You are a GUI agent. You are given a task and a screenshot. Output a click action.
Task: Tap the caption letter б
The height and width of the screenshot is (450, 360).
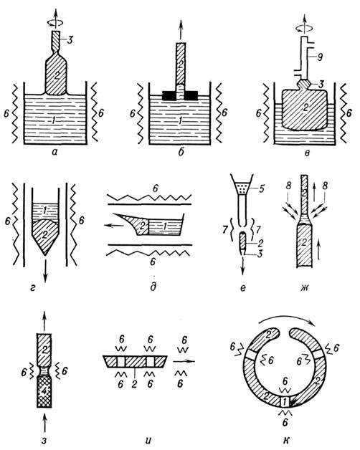[x=181, y=151]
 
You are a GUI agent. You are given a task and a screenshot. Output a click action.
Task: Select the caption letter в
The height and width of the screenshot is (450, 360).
[x=307, y=153]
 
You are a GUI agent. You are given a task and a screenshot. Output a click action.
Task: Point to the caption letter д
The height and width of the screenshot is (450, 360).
[x=153, y=287]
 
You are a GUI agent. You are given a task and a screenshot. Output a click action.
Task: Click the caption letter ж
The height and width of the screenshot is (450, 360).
[x=304, y=287]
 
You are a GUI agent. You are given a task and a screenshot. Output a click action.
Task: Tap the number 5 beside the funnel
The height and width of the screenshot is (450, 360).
[x=262, y=189]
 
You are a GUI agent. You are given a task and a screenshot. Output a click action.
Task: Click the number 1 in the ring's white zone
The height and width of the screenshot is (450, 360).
[x=285, y=400]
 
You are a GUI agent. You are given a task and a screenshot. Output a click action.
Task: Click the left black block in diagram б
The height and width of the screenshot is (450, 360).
[x=169, y=95]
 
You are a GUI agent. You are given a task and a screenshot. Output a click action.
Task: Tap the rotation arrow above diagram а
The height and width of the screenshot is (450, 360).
[x=55, y=22]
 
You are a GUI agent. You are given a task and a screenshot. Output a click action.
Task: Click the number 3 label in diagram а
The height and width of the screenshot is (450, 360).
[x=69, y=40]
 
